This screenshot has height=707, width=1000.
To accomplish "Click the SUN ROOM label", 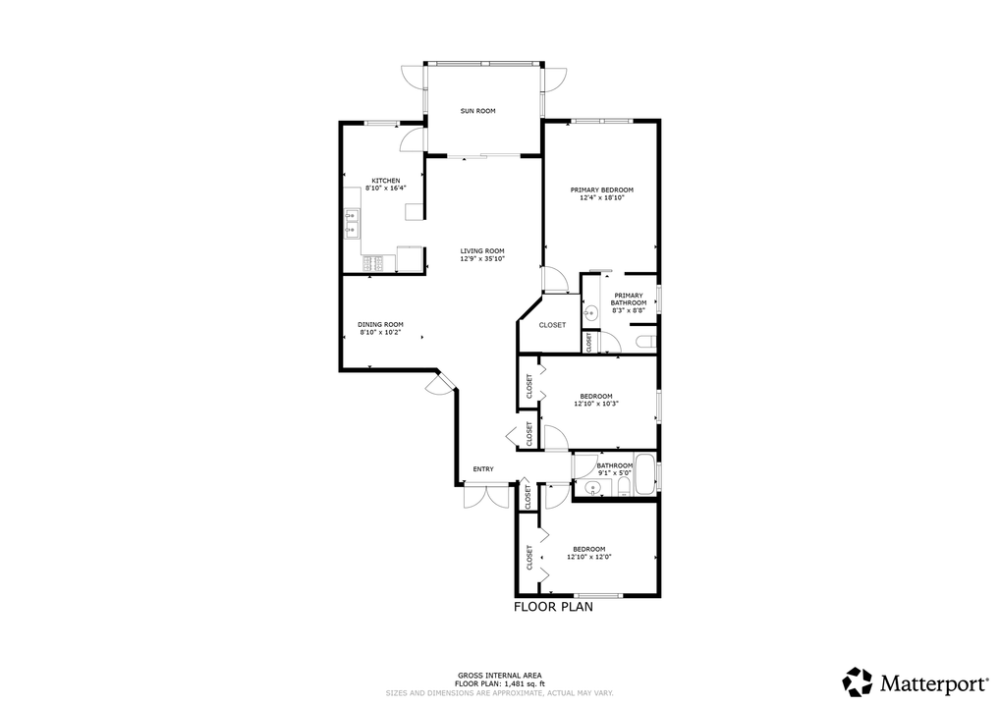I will (478, 111).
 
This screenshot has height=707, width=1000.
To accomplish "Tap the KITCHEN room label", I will (385, 181).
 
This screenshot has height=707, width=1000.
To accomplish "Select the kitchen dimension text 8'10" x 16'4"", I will (385, 188).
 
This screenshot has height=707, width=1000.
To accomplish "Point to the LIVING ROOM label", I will (482, 250).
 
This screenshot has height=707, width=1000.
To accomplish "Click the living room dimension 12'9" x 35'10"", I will (482, 258).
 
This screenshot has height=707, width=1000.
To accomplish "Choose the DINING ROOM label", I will (380, 325).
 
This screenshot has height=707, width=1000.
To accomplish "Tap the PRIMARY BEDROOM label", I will (602, 190).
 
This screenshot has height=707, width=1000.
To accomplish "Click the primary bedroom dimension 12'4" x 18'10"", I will (602, 197).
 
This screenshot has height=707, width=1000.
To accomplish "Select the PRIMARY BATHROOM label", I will (628, 299).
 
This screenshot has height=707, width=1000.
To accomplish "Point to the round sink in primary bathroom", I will (591, 314).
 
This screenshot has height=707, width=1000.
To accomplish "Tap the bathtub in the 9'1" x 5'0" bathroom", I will (646, 474).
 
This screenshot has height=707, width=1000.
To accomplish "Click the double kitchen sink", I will (351, 224).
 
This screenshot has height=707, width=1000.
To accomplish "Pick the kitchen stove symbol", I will (373, 262).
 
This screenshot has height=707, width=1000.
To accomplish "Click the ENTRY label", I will (483, 469).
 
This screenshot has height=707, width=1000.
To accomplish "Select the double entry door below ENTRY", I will (487, 496).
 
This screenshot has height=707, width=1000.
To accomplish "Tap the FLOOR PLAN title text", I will (553, 607).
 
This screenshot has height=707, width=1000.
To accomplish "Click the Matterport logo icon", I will (858, 680).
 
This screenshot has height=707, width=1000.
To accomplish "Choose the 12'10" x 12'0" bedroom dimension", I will (589, 557).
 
